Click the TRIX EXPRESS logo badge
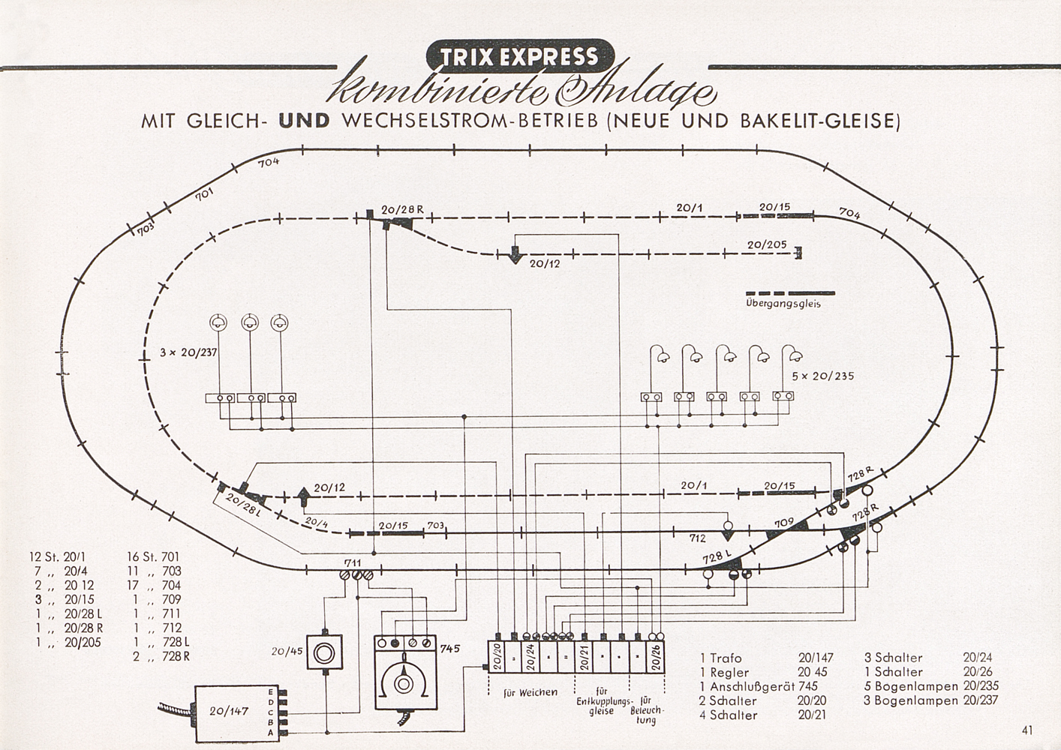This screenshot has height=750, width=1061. point(520,56)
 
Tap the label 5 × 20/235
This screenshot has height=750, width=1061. point(823,376)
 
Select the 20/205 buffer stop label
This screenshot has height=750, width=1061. point(766,244)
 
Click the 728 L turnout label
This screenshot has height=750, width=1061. point(716,557)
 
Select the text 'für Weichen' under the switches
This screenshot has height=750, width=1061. point(530,691)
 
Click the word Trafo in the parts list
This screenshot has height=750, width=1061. point(726,658)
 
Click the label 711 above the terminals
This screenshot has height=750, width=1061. point(353,562)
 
